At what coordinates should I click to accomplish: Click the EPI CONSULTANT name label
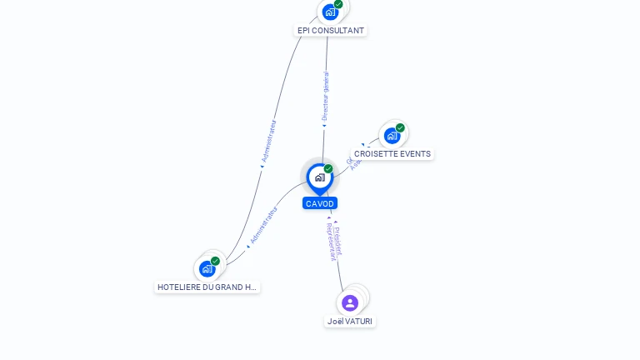(331, 31)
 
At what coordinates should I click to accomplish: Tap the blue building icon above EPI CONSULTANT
(330, 12)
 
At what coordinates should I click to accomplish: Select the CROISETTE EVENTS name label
(392, 154)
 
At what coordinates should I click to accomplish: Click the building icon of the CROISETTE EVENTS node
(392, 136)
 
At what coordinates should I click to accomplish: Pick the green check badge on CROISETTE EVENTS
(400, 127)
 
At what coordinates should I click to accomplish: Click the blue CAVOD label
(320, 203)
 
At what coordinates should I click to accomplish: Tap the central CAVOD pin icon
(319, 177)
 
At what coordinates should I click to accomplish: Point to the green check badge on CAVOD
(328, 169)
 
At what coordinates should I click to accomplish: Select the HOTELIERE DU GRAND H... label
(207, 287)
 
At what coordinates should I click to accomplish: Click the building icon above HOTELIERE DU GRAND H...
(207, 269)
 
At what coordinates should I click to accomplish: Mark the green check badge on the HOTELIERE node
(215, 261)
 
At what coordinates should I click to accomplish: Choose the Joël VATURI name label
(350, 322)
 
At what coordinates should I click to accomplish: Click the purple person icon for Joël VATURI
(350, 302)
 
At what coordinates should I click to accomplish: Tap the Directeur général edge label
(325, 97)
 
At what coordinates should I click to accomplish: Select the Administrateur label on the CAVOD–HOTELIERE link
(264, 224)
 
